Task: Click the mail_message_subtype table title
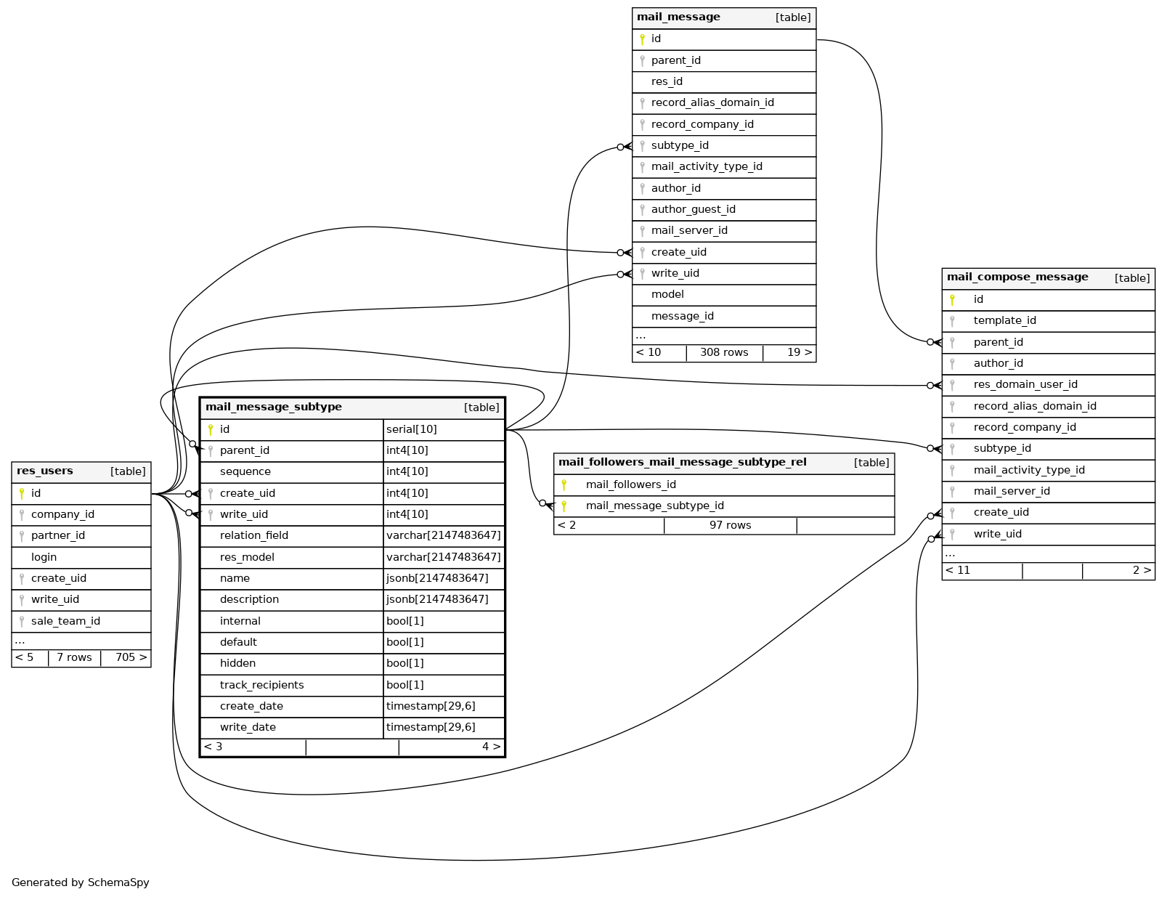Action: click(273, 407)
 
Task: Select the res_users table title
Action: click(45, 471)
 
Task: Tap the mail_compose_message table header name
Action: click(1017, 277)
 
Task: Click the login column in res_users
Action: click(44, 557)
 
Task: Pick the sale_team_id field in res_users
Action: click(65, 621)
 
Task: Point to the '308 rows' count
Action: click(723, 353)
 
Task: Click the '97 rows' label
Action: click(730, 526)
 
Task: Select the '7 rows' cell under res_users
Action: click(74, 658)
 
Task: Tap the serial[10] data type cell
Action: click(411, 430)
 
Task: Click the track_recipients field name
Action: click(261, 686)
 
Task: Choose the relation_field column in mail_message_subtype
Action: click(253, 536)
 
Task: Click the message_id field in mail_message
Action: click(682, 317)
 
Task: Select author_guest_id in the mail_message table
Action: click(693, 210)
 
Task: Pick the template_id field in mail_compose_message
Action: click(1004, 321)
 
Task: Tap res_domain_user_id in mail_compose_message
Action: click(1025, 385)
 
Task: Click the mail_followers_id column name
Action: click(630, 485)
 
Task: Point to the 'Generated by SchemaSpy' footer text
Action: click(80, 883)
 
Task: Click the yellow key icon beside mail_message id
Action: click(642, 39)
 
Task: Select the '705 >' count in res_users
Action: click(131, 658)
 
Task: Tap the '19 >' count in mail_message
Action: click(799, 353)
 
